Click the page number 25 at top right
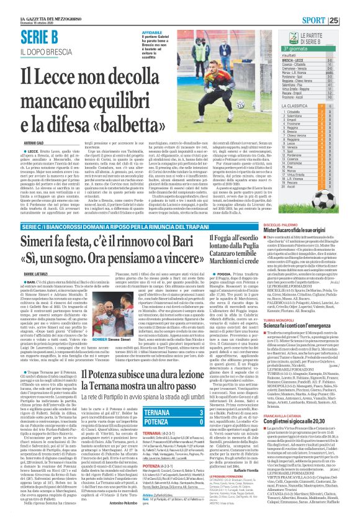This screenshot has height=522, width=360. [x=351, y=20]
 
